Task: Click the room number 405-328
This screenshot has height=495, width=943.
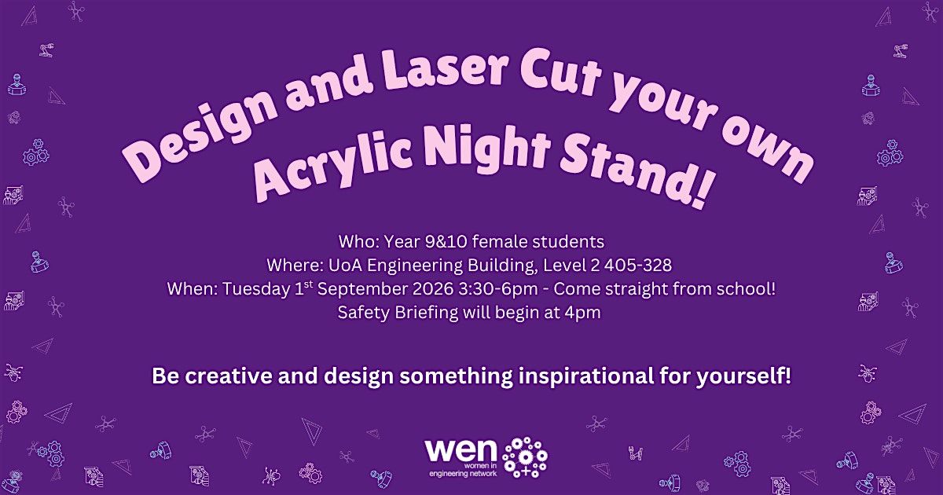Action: click(x=637, y=266)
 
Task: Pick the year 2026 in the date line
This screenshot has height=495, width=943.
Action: click(x=433, y=289)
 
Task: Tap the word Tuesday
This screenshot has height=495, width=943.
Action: click(x=255, y=289)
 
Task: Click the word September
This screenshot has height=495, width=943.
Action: click(x=362, y=290)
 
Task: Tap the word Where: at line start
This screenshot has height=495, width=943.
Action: click(x=295, y=266)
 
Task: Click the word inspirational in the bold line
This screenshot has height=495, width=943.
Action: click(x=585, y=376)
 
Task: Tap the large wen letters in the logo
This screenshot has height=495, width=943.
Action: click(x=460, y=450)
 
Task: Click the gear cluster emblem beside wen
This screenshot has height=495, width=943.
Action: click(x=525, y=457)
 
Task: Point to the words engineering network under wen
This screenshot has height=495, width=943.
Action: click(x=463, y=474)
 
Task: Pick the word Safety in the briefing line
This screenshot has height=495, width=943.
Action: click(x=364, y=313)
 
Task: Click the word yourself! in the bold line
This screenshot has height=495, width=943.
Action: click(x=743, y=376)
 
